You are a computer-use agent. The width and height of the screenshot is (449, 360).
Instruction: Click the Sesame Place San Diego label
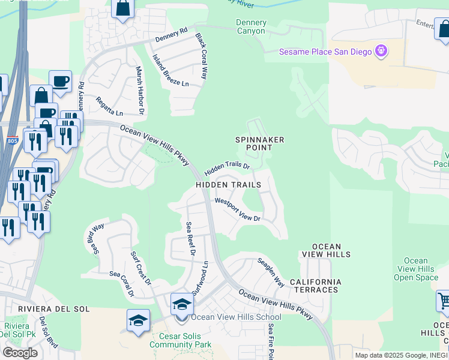325,52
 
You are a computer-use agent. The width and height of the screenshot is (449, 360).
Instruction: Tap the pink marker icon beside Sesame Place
381,52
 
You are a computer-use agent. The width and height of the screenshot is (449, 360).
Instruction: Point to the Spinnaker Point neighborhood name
259,144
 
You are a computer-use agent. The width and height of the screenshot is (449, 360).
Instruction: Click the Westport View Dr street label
238,209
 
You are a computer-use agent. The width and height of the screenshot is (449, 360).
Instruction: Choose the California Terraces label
315,286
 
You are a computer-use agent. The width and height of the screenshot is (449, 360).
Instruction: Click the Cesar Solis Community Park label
180,341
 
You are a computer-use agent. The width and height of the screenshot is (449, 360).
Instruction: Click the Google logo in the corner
20,353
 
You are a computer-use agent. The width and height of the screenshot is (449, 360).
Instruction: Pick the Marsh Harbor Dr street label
140,90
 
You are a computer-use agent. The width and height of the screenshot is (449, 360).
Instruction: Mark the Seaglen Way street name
271,272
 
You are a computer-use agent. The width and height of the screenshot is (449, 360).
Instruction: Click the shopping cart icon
443,301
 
